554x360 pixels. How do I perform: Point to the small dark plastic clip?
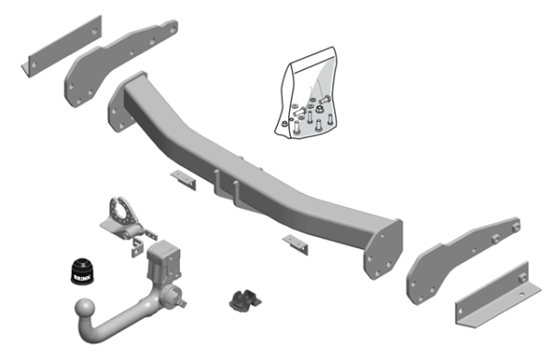243,300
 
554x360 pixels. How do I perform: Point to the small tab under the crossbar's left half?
183,178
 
